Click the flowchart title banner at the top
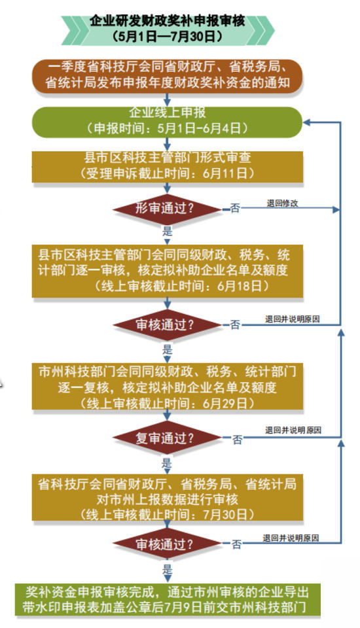168,29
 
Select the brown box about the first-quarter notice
167,76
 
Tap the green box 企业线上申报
167,122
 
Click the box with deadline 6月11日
167,167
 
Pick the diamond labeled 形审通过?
167,209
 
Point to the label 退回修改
283,203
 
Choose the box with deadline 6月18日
167,271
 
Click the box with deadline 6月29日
167,386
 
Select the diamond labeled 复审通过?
167,438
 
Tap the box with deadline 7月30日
167,497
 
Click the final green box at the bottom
168,599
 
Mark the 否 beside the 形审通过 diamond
236,208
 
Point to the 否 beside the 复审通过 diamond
238,440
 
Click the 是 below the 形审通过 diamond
167,231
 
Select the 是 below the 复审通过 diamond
167,463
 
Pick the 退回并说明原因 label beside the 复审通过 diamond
293,430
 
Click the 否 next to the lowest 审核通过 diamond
237,544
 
